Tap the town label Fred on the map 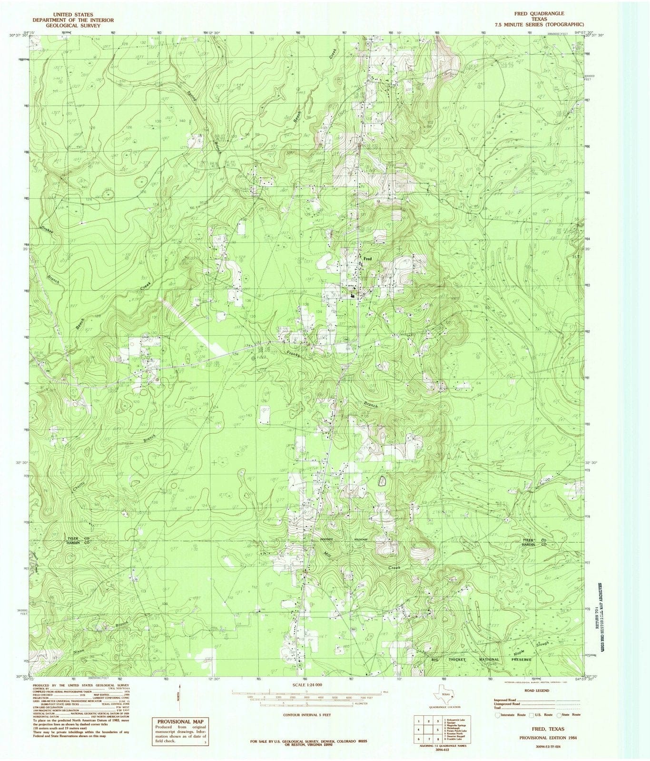coord(367,259)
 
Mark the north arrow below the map coord(180,699)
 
